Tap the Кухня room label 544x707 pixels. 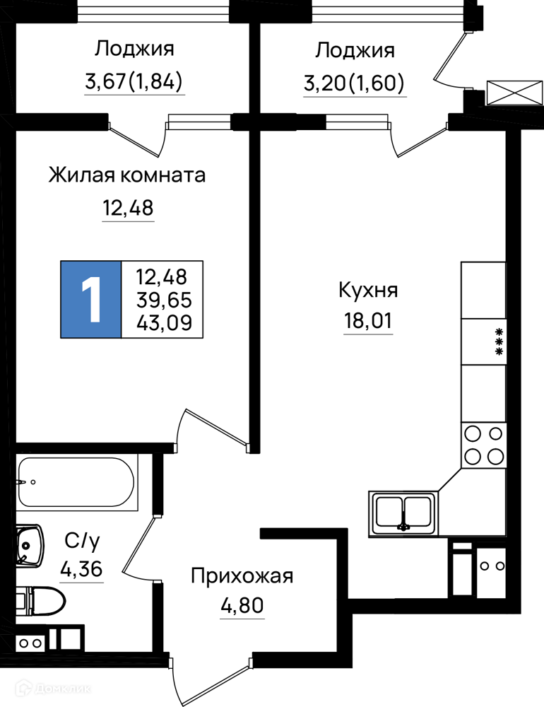tap(368, 291)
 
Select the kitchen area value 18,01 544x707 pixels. tap(368, 321)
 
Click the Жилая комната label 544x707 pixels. tap(127, 175)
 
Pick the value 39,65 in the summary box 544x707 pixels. tap(164, 300)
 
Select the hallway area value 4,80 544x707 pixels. tap(242, 606)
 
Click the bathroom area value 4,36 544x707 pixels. tap(81, 569)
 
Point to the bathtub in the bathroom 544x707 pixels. tap(76, 482)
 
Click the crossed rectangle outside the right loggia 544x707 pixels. tap(514, 93)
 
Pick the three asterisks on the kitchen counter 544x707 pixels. tap(499, 341)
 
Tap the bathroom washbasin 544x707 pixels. tap(30, 546)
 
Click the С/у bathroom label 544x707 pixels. tap(81, 541)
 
